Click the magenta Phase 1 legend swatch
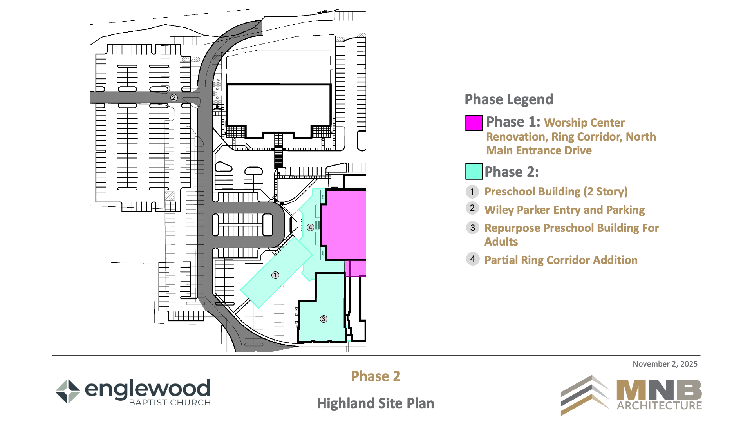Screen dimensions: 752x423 pyautogui.click(x=474, y=123)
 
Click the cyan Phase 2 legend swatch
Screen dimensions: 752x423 pyautogui.click(x=474, y=171)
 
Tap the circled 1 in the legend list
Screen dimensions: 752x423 pyautogui.click(x=472, y=192)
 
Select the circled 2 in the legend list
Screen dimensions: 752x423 pyautogui.click(x=472, y=208)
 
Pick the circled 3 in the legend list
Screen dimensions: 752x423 pyautogui.click(x=473, y=228)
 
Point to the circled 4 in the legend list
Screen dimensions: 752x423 pyautogui.click(x=473, y=258)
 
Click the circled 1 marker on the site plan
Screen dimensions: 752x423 pyautogui.click(x=275, y=275)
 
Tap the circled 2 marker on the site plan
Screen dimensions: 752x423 pyautogui.click(x=174, y=98)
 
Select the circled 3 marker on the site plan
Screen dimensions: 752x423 pyautogui.click(x=324, y=319)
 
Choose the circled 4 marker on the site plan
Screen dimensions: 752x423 pyautogui.click(x=310, y=227)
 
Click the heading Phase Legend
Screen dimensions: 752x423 pyautogui.click(x=509, y=99)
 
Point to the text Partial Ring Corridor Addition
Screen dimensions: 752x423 pyautogui.click(x=561, y=260)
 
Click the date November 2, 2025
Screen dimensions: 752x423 pyautogui.click(x=665, y=364)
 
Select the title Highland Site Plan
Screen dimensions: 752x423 pyautogui.click(x=376, y=403)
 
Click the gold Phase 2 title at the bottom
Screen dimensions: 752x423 pyautogui.click(x=376, y=376)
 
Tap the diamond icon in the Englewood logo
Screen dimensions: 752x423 pyautogui.click(x=68, y=391)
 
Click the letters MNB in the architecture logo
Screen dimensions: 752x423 pyautogui.click(x=659, y=390)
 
